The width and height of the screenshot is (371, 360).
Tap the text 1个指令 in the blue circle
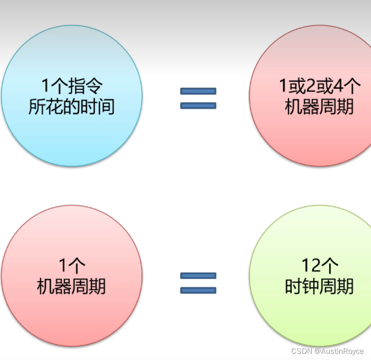click(72, 86)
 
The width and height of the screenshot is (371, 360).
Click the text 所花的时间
click(72, 106)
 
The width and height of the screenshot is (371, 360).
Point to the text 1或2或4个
click(320, 86)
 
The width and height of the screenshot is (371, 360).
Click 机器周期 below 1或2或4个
click(320, 106)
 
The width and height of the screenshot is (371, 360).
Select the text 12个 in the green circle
click(319, 265)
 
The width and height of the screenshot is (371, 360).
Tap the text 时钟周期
click(319, 286)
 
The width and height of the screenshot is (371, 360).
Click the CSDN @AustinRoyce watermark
click(327, 351)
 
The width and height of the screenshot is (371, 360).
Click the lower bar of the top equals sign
click(198, 105)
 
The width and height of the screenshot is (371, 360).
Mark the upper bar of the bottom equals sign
click(198, 275)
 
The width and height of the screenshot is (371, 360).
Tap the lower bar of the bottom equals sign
click(198, 290)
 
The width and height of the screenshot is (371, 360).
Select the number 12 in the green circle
click(312, 265)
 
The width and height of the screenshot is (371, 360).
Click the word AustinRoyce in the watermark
click(342, 351)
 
